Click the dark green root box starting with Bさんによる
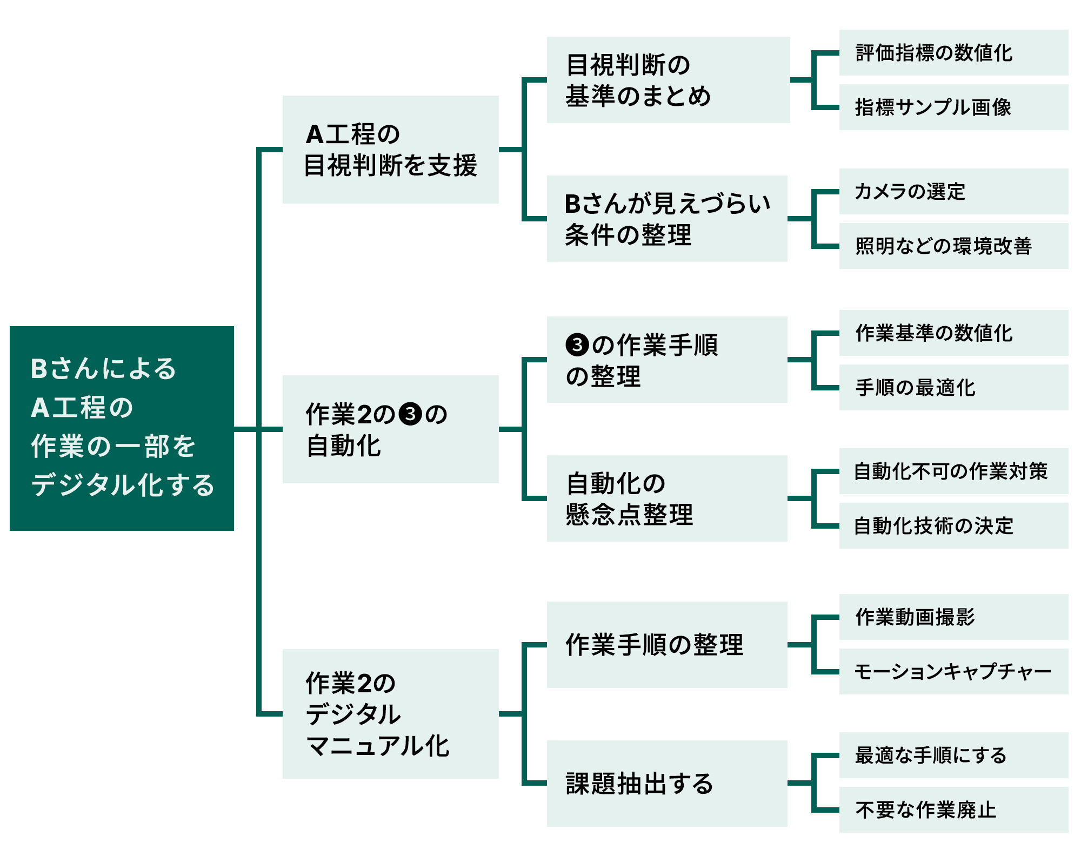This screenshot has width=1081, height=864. click(x=122, y=428)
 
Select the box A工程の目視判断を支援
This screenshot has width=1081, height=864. click(x=390, y=150)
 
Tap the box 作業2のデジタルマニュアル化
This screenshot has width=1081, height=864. click(x=390, y=713)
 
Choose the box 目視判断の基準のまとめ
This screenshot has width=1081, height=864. click(x=668, y=80)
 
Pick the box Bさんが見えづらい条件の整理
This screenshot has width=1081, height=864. click(x=667, y=219)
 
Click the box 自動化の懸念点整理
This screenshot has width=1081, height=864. click(x=667, y=498)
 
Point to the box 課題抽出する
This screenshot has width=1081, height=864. click(x=667, y=783)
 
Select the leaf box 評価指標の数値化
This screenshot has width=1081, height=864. click(x=953, y=53)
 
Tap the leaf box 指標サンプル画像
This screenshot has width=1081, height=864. click(x=953, y=107)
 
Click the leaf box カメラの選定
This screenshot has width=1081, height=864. click(x=953, y=192)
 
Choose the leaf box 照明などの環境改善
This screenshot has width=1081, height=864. click(x=953, y=246)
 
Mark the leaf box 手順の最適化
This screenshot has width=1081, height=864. click(x=953, y=387)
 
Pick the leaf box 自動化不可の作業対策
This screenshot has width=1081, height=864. click(x=953, y=471)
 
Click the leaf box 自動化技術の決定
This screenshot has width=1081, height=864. click(x=953, y=525)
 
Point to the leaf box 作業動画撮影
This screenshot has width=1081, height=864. click(x=953, y=617)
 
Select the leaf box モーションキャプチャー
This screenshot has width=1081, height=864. click(x=953, y=671)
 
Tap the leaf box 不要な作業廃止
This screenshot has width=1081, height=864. click(x=953, y=809)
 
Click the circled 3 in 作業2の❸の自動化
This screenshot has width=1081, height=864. click(x=410, y=414)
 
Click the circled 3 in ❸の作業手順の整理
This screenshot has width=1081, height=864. click(x=577, y=345)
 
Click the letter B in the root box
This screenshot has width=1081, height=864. click(x=39, y=369)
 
